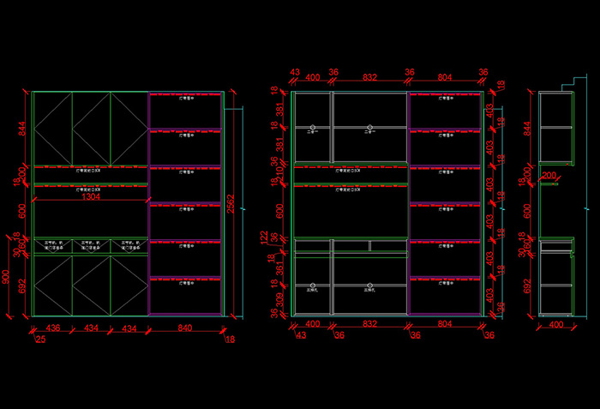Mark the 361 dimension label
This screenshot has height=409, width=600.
click(279, 268)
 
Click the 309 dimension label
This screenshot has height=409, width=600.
click(279, 299)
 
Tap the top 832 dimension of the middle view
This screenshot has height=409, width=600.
click(369, 77)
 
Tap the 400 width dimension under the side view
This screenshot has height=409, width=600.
click(556, 325)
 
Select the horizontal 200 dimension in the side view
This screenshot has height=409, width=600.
click(549, 175)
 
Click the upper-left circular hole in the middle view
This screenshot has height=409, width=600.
click(313, 117)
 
